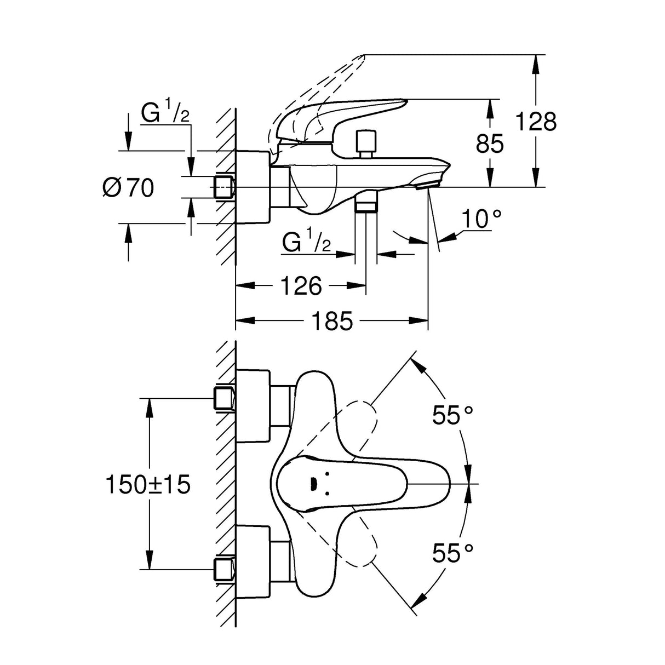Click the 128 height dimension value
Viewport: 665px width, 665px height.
536,121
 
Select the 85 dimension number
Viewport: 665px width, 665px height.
489,144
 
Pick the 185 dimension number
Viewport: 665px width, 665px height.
332,322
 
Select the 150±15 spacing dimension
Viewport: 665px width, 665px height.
148,484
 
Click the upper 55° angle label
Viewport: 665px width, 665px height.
452,415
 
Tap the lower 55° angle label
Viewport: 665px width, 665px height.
452,553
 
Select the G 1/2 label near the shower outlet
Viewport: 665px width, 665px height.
307,242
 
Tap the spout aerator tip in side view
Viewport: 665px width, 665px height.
427,185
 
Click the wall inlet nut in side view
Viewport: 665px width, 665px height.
223,187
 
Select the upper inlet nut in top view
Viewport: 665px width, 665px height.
225,398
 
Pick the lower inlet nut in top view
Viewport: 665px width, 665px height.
225,570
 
